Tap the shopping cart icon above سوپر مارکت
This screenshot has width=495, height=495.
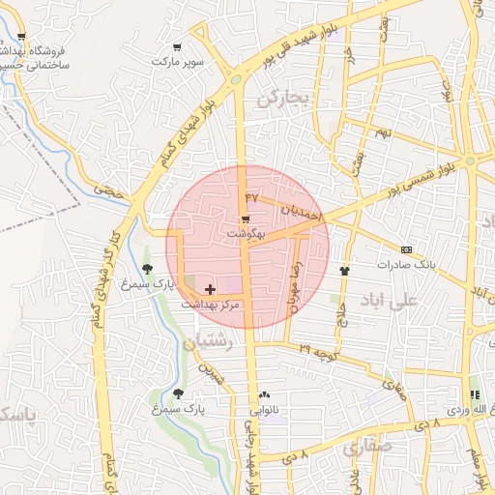(176, 47)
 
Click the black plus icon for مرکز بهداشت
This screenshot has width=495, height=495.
(211, 289)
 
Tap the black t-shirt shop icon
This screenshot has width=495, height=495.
(344, 271)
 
